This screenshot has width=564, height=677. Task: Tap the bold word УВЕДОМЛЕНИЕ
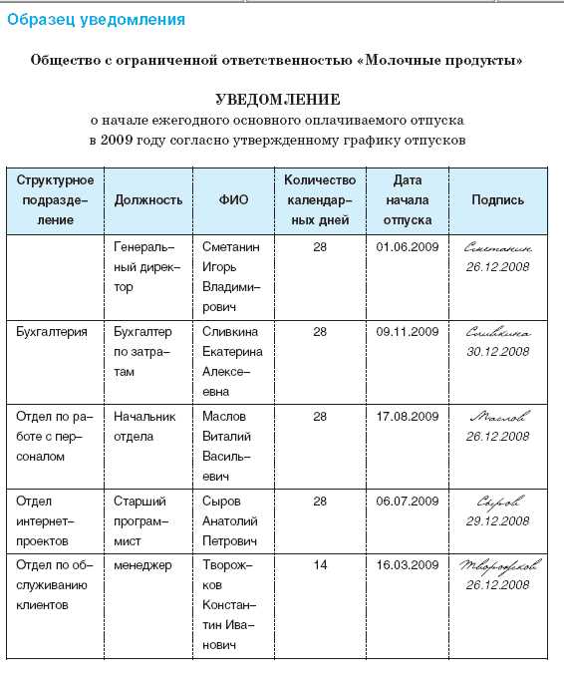coord(278,101)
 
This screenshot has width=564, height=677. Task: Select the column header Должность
coord(148,200)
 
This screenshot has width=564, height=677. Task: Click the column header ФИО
coord(233,200)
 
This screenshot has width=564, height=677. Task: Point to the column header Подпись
coord(497,200)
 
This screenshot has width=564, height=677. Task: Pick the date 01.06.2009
coord(408,246)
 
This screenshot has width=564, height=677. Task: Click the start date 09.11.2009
coord(408,331)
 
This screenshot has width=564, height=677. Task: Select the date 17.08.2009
coord(408,416)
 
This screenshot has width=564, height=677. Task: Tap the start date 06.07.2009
coord(408,501)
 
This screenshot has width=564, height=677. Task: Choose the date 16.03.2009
coord(408,565)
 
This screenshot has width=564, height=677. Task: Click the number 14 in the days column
coord(320,565)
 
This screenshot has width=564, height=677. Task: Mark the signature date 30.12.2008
coord(497,352)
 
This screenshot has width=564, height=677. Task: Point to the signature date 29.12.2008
coord(497,521)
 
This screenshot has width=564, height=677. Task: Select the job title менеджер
coord(142,565)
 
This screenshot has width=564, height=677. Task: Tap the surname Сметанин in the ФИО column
coord(230,246)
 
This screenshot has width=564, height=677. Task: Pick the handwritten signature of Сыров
coord(497,502)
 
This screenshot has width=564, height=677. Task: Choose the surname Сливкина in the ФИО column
coord(230,331)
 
